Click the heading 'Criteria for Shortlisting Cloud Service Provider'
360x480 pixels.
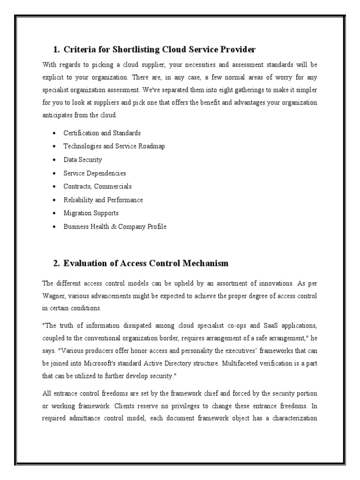[x=159, y=49]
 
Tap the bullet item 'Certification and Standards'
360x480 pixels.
[x=102, y=133]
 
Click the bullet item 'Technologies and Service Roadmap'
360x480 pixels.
[x=114, y=146]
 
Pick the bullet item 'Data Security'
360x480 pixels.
[x=82, y=160]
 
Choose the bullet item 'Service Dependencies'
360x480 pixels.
[x=95, y=173]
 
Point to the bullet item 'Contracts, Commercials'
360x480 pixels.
[x=97, y=187]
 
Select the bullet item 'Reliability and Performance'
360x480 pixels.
[x=103, y=200]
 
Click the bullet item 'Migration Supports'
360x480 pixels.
[x=91, y=213]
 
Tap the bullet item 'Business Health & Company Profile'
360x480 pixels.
[x=115, y=226]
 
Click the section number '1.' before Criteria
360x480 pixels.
[x=56, y=49]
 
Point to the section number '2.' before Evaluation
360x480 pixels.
[x=56, y=263]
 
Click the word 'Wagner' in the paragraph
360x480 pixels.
[x=54, y=296]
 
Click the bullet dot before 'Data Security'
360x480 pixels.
[x=56, y=160]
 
